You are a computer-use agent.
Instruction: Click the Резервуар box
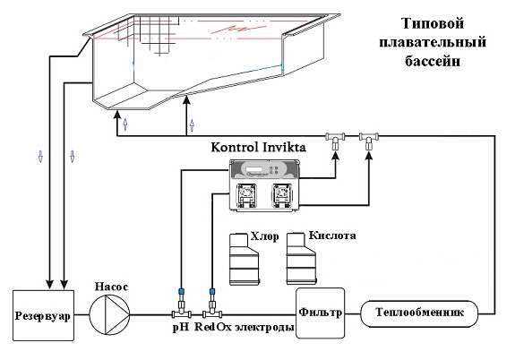click(44, 315)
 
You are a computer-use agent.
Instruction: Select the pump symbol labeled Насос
click(109, 314)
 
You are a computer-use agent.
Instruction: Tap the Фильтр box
click(321, 313)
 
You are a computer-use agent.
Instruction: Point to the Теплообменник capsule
click(419, 313)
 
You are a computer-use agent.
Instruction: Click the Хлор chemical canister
click(244, 259)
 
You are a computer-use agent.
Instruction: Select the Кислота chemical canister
click(302, 259)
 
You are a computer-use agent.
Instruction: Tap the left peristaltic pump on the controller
click(246, 196)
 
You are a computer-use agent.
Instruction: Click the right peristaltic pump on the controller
click(282, 196)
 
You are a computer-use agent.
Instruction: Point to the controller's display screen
click(254, 169)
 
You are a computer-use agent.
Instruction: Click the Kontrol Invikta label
click(258, 147)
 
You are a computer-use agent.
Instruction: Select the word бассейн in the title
click(433, 61)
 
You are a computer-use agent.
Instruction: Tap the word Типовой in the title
click(433, 23)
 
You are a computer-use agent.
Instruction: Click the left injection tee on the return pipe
click(335, 141)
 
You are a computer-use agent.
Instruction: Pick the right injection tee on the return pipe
click(369, 141)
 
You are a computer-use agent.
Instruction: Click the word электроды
click(265, 327)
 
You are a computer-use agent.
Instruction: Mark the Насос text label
click(111, 287)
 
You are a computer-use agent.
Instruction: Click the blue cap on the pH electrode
click(181, 291)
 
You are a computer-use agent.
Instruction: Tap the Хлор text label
click(265, 236)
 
